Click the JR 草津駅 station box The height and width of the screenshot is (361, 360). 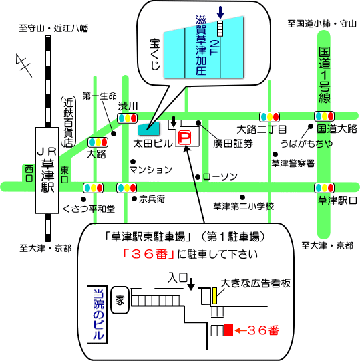(47, 170)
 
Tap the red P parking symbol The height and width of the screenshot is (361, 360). (184, 138)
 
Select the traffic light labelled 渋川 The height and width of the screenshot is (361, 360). (127, 118)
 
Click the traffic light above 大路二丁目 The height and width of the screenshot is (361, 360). (269, 117)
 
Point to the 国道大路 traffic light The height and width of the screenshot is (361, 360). (325, 116)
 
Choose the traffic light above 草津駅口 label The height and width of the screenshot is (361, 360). (324, 188)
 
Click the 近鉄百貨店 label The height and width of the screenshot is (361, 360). (69, 122)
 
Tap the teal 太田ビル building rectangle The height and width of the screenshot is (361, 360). (148, 128)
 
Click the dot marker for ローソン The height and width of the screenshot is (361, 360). (198, 177)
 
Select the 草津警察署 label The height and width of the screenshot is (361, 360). (293, 164)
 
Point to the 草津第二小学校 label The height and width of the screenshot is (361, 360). (244, 206)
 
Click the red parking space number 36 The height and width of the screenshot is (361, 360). (228, 330)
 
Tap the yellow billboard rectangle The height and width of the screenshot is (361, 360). (214, 295)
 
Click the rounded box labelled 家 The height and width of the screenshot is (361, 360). (120, 300)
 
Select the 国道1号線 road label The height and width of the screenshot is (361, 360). (324, 76)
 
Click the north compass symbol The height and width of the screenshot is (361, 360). (23, 65)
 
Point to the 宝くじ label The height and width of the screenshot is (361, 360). (155, 54)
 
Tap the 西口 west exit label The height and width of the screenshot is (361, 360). (29, 174)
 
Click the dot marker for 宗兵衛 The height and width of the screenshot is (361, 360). (134, 199)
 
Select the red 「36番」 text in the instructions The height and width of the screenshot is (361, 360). (148, 254)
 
